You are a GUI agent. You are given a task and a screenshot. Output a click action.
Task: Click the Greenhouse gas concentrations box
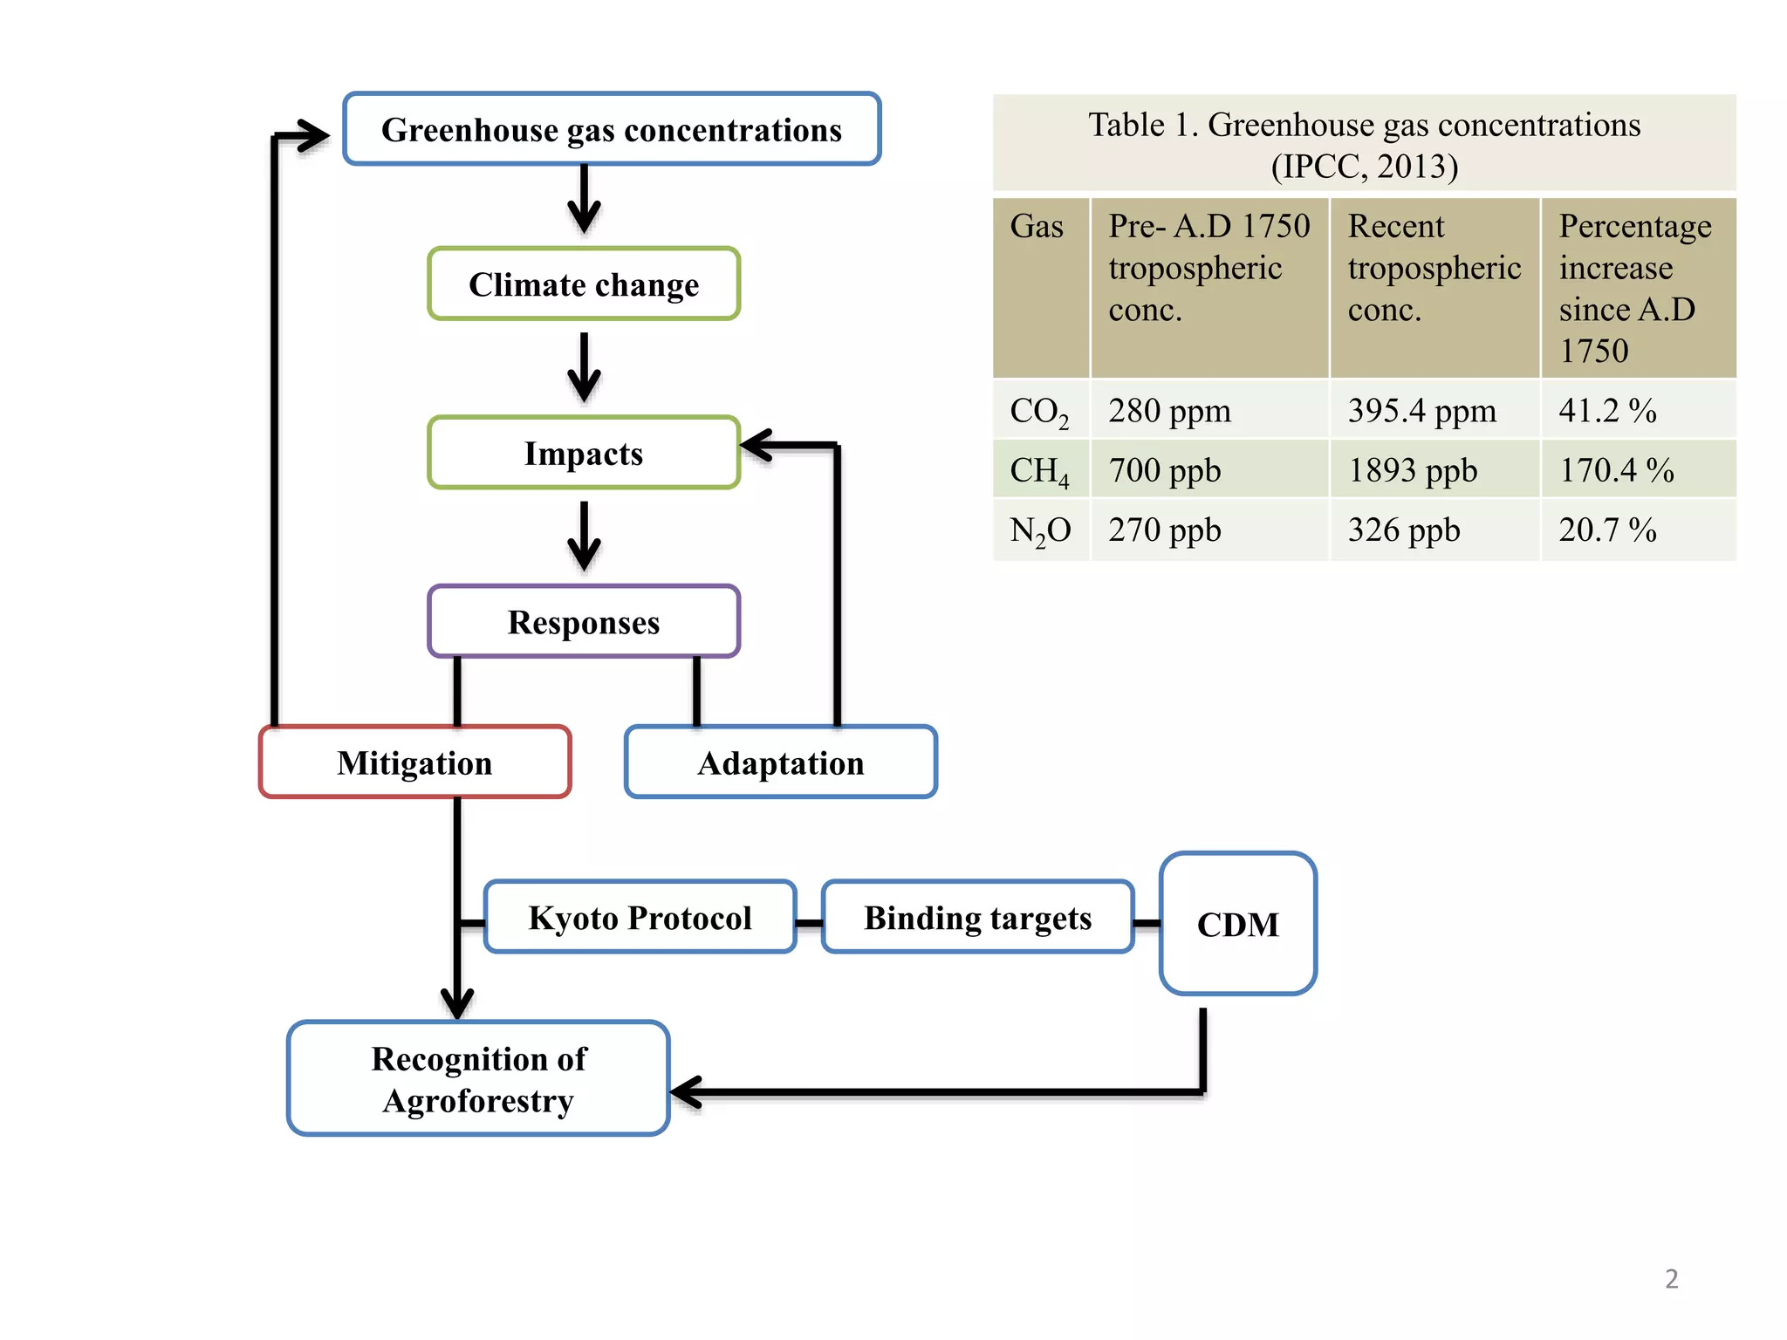point(611,129)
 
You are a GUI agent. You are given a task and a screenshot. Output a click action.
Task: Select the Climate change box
point(584,284)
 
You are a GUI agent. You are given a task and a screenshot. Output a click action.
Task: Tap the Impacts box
point(584,453)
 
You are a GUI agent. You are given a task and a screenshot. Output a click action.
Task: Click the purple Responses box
point(584,621)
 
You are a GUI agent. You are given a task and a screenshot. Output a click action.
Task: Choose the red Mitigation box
point(414,762)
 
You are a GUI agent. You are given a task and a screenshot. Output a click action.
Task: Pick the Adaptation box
point(781,762)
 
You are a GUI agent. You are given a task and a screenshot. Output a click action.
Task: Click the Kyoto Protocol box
point(640,917)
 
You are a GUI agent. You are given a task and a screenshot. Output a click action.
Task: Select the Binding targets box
point(977,917)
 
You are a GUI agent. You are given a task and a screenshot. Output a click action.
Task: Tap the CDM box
point(1237,924)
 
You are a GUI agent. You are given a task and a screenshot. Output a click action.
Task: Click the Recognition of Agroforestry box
point(478,1078)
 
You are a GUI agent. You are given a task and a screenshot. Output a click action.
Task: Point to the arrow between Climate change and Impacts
point(584,368)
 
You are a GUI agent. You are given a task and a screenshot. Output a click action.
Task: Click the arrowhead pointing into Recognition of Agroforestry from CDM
point(688,1091)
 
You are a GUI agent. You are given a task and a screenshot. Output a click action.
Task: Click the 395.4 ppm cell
point(1421,410)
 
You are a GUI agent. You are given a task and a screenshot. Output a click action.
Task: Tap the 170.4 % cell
point(1616,470)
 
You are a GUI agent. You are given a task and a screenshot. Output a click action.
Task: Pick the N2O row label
point(1039,530)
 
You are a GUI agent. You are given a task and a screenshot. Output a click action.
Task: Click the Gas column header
point(1037,227)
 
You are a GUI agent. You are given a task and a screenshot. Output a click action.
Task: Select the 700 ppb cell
point(1164,470)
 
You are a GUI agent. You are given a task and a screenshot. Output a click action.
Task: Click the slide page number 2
point(1671,1278)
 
